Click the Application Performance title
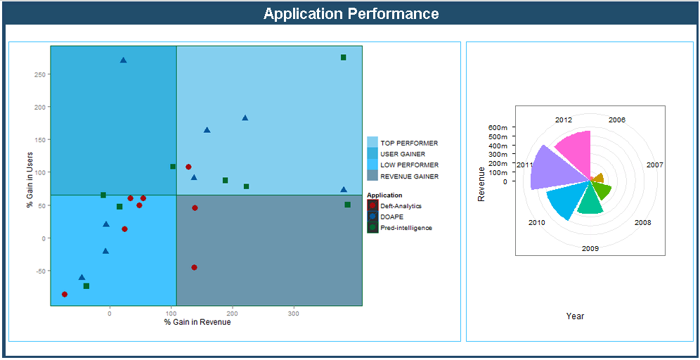[351, 14]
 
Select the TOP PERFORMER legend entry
[408, 143]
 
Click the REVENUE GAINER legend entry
[409, 176]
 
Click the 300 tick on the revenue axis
[294, 314]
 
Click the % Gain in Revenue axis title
[197, 322]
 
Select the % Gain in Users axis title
[30, 180]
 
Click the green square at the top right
[343, 58]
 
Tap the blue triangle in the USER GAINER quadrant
[123, 60]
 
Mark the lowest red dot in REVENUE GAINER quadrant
[194, 267]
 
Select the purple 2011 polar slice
[552, 169]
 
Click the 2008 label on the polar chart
[642, 223]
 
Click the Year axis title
[575, 316]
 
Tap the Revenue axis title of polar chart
[481, 184]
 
